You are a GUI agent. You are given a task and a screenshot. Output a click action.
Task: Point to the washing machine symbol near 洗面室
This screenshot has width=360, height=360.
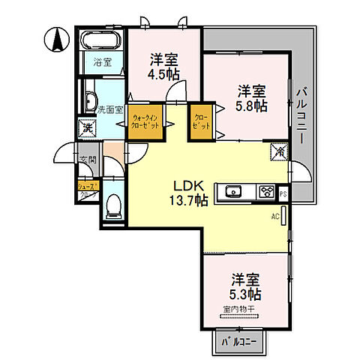click(87, 128)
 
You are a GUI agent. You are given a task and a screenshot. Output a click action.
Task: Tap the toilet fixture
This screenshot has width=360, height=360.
click(112, 203)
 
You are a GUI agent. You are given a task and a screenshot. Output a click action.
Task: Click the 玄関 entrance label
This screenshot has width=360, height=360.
click(88, 159)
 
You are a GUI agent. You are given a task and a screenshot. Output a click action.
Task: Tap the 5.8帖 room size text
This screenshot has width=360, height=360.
click(252, 98)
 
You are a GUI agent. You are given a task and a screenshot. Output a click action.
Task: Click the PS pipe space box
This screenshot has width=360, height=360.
click(283, 193)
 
